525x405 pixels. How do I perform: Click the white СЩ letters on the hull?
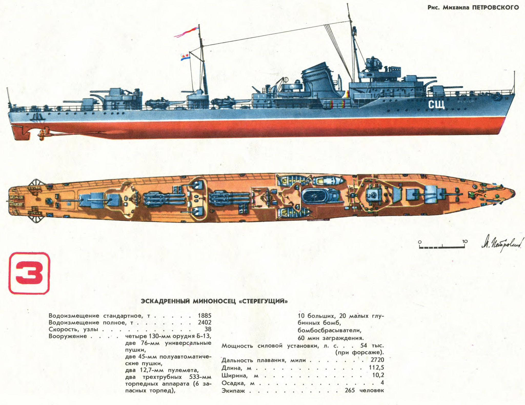click(x=437, y=105)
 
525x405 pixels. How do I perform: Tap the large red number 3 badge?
click(x=29, y=273)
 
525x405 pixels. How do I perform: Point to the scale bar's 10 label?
click(x=465, y=241)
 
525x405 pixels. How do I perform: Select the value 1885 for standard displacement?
click(x=204, y=315)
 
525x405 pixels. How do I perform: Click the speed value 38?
click(x=208, y=329)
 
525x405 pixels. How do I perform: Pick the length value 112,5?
click(x=376, y=368)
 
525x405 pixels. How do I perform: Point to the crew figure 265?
click(x=350, y=390)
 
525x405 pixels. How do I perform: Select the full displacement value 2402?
click(x=204, y=322)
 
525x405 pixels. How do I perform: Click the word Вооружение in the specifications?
click(x=68, y=336)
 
